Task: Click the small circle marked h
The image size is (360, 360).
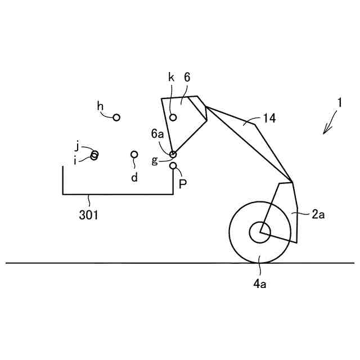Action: (116, 117)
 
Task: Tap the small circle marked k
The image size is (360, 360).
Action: (173, 117)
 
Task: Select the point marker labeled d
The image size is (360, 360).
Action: (134, 154)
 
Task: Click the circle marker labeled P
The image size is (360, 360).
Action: (173, 165)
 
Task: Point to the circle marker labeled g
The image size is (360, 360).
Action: (173, 154)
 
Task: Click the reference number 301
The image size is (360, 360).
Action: (88, 214)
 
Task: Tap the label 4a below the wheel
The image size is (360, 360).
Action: (259, 284)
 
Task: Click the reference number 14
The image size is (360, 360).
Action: (269, 118)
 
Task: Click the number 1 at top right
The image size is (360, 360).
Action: (340, 103)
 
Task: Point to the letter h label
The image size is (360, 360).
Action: (100, 106)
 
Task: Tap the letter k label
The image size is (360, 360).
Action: (171, 77)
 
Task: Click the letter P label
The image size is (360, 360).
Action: (182, 183)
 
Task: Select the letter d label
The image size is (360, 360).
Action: (134, 177)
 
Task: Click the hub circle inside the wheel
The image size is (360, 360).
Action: (259, 232)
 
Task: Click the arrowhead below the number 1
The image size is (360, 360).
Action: (325, 132)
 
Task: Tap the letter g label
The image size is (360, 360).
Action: (155, 161)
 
